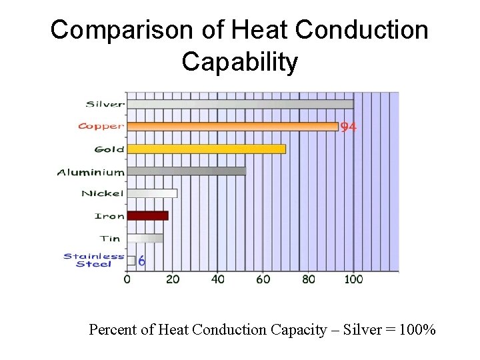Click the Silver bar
pos(240,104)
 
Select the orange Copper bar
pos(233,126)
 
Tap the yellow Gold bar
pos(206,149)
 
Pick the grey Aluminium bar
pos(186,171)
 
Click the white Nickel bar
pos(152,193)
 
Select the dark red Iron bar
pos(147,215)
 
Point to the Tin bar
pos(145,238)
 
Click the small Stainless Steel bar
pos(131,261)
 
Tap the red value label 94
pos(348,127)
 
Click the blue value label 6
pos(142,261)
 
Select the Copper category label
pos(101,126)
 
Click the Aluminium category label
pos(91,172)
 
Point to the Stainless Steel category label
pos(94,260)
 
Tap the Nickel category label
pos(102,193)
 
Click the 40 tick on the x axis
pos(218,279)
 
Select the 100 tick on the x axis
pos(353,279)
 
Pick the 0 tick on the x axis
pos(127,279)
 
